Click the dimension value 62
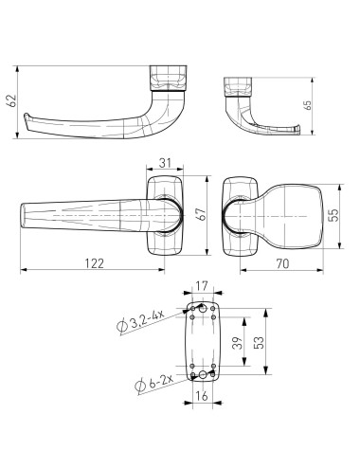click(x=12, y=100)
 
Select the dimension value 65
click(x=307, y=105)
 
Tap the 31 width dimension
click(x=165, y=163)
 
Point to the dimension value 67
click(x=201, y=214)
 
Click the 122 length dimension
click(x=94, y=263)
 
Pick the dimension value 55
click(x=333, y=215)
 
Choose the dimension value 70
click(x=282, y=263)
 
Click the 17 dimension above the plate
click(x=202, y=286)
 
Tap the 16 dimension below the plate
click(x=202, y=395)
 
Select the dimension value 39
click(x=238, y=343)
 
